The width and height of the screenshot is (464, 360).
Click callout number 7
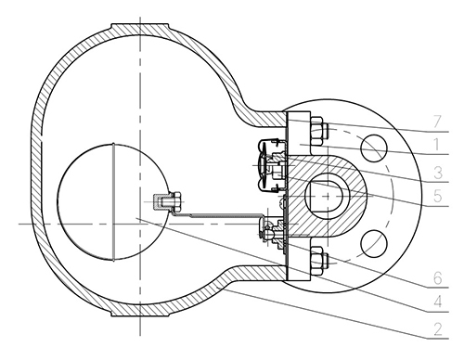click(437, 122)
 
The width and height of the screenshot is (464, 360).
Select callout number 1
click(436, 145)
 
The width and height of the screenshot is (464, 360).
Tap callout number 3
click(438, 173)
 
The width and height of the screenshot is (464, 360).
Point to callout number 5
click(438, 196)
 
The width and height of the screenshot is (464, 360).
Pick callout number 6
click(438, 278)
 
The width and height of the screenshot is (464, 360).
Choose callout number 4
click(438, 302)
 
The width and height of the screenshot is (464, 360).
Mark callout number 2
click(438, 329)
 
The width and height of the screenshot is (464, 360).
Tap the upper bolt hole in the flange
click(374, 148)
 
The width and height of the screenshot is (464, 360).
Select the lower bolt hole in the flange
click(374, 244)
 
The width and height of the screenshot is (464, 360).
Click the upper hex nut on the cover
click(317, 131)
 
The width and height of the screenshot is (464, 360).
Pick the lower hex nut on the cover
click(317, 260)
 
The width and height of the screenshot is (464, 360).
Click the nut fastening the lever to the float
click(168, 202)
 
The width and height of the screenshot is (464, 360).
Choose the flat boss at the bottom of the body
click(140, 312)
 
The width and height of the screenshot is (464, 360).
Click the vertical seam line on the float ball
click(113, 201)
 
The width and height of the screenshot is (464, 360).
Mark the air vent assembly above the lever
click(272, 166)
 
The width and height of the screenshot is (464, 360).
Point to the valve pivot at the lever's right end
click(272, 229)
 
